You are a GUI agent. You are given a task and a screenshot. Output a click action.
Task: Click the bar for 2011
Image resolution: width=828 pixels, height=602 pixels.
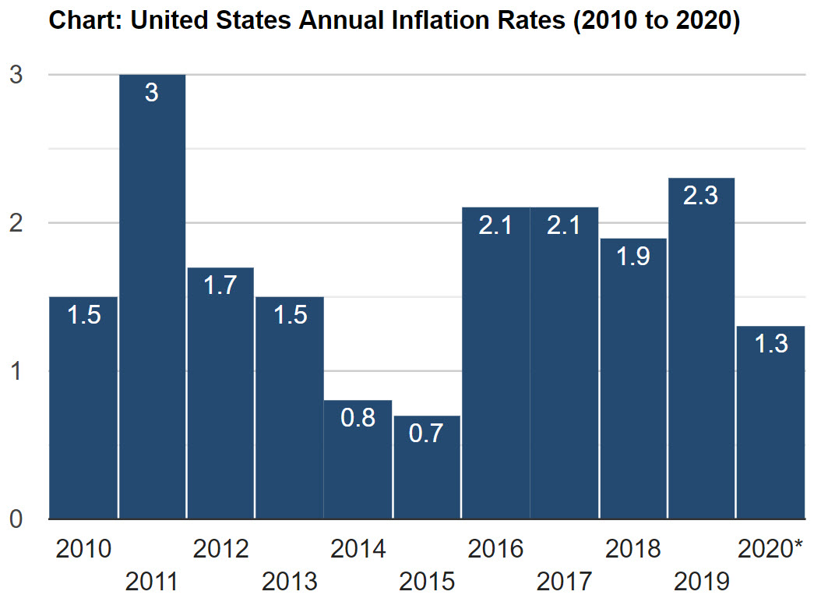coord(152,296)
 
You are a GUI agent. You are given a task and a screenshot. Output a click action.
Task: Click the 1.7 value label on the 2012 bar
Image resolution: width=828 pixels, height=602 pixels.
coord(220,285)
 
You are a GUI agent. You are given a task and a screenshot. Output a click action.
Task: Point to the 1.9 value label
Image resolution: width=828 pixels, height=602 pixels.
coord(632,256)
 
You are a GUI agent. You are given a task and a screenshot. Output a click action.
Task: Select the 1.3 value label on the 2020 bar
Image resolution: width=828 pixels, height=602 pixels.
coord(771,344)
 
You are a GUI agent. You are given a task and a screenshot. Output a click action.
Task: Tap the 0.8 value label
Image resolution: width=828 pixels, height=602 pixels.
coord(358,418)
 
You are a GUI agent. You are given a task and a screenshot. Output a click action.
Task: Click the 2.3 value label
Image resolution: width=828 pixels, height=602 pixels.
coord(701,196)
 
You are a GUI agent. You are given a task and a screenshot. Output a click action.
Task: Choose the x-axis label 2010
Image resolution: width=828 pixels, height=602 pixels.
coord(83,549)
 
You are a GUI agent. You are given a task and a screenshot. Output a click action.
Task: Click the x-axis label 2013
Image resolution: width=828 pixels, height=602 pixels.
coord(290,581)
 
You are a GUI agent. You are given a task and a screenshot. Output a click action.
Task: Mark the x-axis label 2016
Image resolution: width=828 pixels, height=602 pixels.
coord(495,549)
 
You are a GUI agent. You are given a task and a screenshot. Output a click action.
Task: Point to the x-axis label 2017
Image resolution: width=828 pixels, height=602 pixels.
coord(564,581)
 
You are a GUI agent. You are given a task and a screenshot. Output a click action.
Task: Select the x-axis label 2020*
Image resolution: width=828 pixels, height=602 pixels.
coord(770,549)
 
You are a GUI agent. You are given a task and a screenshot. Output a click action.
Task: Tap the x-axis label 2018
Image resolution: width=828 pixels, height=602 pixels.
coord(632,549)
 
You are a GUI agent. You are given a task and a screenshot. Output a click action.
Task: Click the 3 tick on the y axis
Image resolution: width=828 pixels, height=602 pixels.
coord(16,75)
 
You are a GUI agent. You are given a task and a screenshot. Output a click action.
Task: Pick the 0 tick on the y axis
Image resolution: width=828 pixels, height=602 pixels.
coord(16,519)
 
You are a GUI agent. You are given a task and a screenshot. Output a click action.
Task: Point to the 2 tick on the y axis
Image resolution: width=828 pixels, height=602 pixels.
coord(16,223)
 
